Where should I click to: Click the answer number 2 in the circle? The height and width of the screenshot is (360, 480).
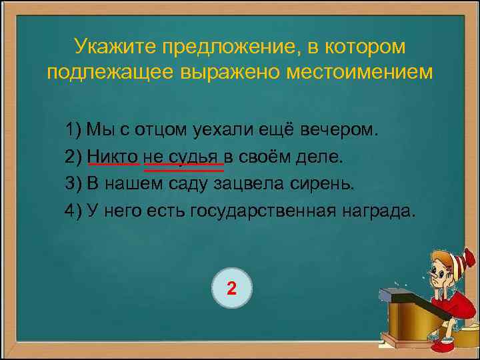(x=231, y=289)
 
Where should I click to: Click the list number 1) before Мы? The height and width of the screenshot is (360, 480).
(x=73, y=129)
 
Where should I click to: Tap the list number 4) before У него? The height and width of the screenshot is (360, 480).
(x=73, y=211)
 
